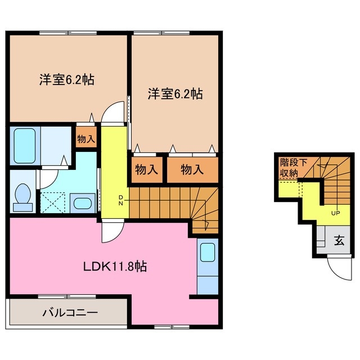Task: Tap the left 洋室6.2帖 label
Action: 66,80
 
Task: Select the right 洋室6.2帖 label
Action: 175,94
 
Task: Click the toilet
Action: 23,197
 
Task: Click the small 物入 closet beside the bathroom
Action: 85,138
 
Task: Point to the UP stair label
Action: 335,213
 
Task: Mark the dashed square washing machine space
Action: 52,201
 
